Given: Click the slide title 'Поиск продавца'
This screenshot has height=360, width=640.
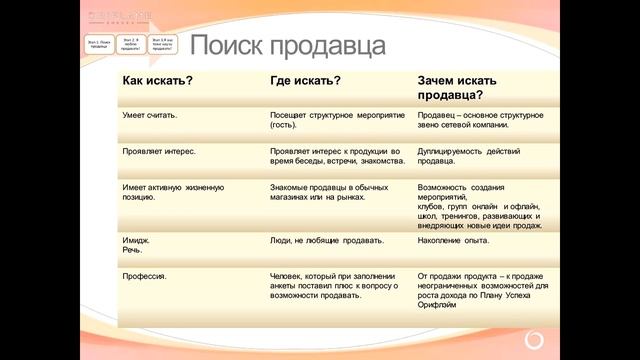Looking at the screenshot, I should point(288,45).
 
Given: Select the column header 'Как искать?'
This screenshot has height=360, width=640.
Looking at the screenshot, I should point(158,79).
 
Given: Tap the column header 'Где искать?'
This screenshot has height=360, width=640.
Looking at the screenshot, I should point(304,79).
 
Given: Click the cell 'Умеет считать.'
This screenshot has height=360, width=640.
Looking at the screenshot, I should point(150,115).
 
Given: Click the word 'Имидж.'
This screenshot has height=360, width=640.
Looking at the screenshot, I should point(136,241).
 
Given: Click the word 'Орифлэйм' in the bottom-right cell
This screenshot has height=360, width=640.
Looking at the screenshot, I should point(438,306).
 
